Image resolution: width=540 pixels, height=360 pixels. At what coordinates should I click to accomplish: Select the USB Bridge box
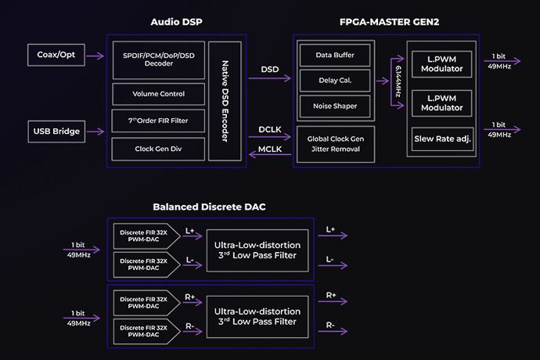pyautogui.click(x=57, y=131)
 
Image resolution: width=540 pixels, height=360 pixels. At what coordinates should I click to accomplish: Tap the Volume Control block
pyautogui.click(x=159, y=94)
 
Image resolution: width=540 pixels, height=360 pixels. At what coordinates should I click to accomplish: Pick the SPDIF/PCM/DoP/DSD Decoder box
pyautogui.click(x=159, y=60)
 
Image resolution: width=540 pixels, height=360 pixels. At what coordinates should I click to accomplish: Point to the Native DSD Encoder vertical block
pyautogui.click(x=225, y=100)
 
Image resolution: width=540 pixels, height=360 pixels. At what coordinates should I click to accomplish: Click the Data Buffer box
pyautogui.click(x=335, y=56)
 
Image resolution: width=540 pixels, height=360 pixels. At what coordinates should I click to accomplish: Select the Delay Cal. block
pyautogui.click(x=335, y=81)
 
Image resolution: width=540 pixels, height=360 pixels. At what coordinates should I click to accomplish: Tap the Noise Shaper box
pyautogui.click(x=335, y=106)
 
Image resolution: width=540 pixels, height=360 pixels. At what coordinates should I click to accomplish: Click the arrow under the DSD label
pyautogui.click(x=270, y=81)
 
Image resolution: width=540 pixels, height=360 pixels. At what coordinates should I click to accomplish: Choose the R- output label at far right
pyautogui.click(x=330, y=324)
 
